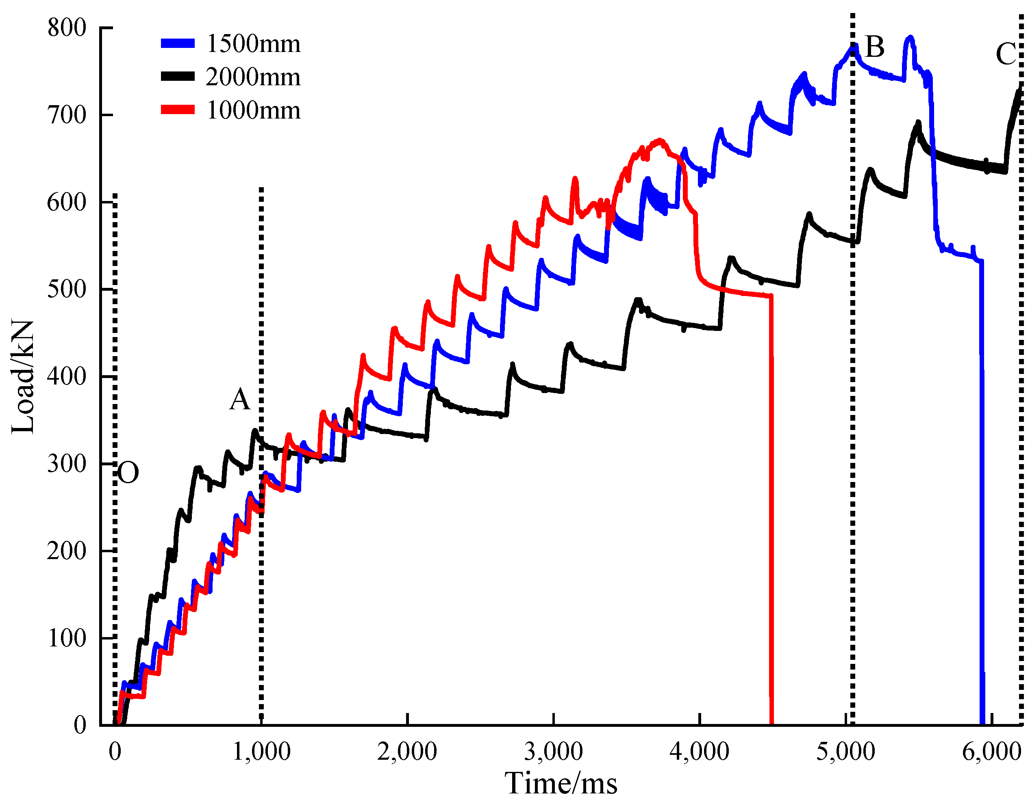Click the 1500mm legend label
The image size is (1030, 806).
(253, 44)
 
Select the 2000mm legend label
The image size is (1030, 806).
(253, 77)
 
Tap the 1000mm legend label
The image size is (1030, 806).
(253, 110)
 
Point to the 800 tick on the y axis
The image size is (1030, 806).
(67, 28)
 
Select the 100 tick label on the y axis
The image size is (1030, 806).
(67, 638)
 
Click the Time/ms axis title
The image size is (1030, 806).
(561, 784)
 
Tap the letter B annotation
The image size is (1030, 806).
(875, 47)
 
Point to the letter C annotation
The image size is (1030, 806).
(1006, 54)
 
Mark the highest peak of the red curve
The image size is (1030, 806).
(660, 140)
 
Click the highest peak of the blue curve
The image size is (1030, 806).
(910, 37)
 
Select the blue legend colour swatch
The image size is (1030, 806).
(178, 44)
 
